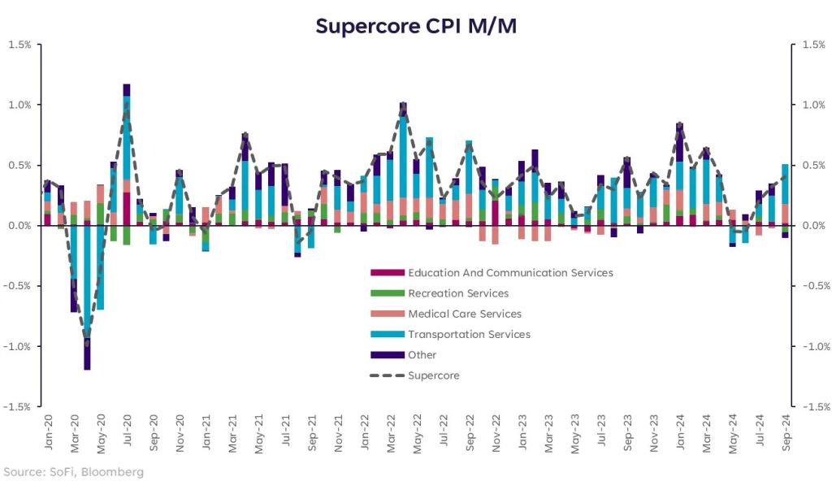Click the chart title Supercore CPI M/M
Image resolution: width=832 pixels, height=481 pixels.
pos(415,26)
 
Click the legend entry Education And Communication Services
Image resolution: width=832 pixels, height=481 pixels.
pos(510,273)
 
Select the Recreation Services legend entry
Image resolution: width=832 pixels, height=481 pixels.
pos(458,293)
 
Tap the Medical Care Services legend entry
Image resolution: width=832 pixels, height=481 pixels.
pos(465,314)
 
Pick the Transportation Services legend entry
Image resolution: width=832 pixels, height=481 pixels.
pos(469,334)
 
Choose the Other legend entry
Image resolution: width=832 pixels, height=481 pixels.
pos(422,355)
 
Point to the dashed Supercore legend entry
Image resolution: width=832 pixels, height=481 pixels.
pos(433,375)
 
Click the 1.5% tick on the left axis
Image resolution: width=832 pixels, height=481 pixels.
pos(19,45)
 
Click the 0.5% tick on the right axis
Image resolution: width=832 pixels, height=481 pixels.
pos(812,165)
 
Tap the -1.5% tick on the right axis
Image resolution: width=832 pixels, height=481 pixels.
pos(814,406)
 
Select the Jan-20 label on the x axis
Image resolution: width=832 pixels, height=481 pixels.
pos(48,430)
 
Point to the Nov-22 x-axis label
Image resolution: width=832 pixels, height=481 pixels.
pos(496,430)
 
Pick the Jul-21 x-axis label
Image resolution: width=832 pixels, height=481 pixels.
pos(285,430)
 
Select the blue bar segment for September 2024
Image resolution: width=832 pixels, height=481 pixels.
pos(785,184)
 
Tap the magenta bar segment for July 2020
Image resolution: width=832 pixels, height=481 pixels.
pos(127,208)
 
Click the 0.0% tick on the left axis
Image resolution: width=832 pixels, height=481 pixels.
pos(19,225)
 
